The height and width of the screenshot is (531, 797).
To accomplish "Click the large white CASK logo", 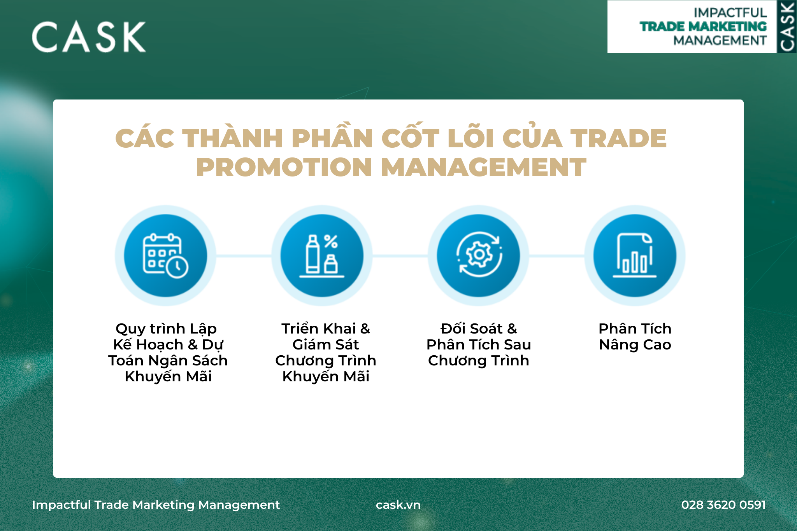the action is tap(89, 37).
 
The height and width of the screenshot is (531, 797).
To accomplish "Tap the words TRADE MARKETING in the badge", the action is tap(703, 26).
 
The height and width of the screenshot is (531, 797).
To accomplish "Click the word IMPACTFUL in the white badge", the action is tap(730, 13).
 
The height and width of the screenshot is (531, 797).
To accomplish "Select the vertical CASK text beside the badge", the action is tap(787, 27).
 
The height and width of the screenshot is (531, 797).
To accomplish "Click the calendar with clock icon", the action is tap(165, 256).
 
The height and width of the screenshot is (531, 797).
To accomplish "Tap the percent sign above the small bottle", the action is tap(331, 241).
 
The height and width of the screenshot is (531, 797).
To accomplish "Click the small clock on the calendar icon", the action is tap(177, 267).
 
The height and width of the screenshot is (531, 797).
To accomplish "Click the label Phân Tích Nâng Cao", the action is tap(635, 337).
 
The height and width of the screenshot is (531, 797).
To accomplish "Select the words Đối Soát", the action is tap(472, 329).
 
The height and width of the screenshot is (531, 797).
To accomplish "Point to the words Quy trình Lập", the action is tap(166, 329).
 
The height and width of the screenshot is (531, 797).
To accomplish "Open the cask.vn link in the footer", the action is tap(398, 505).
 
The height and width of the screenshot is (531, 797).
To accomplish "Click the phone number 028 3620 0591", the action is tap(723, 505).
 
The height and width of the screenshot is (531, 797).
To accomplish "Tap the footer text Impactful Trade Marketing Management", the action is tap(156, 505).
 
